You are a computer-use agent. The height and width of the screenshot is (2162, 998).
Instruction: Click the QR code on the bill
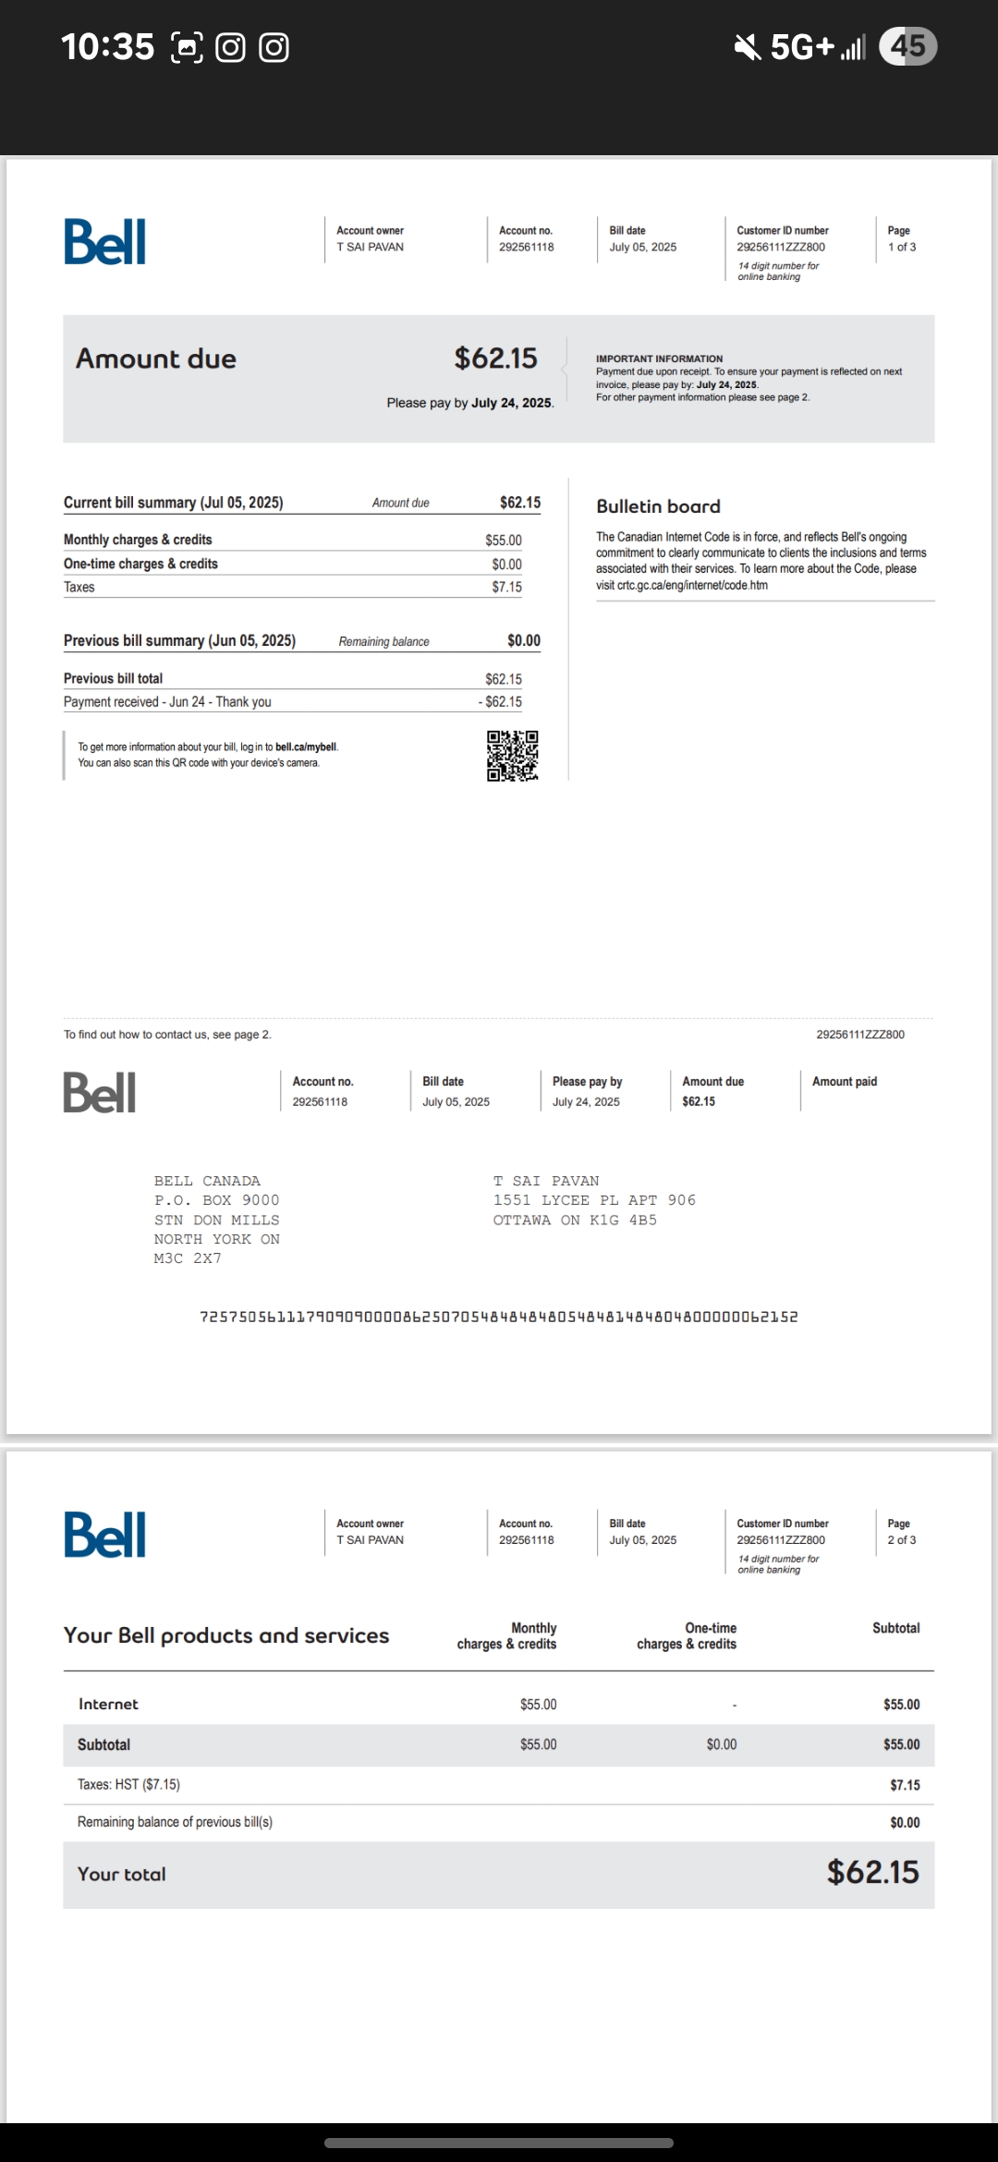coord(513,756)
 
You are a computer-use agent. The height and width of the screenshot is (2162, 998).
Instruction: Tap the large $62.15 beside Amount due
coord(495,358)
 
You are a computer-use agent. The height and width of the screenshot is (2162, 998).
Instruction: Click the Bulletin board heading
coord(658,506)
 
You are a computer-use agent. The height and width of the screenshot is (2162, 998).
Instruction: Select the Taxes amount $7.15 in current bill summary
coord(506,587)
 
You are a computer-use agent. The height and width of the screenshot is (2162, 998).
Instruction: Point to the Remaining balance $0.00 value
coord(523,640)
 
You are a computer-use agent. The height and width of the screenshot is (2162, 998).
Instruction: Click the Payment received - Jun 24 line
coord(167,702)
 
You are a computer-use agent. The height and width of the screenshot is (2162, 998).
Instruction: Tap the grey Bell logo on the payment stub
coord(100,1092)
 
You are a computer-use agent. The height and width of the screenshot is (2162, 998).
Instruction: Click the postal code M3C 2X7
coord(188,1258)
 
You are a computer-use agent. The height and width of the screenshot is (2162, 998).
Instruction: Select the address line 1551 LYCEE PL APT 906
coord(594,1200)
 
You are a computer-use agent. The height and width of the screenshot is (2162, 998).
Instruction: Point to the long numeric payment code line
coord(499,1317)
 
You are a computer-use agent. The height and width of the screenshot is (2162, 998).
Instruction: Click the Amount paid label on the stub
coord(845,1081)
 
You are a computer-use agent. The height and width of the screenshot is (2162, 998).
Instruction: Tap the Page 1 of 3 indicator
coord(901,239)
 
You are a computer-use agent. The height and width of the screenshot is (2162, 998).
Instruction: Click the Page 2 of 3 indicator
coord(901,1532)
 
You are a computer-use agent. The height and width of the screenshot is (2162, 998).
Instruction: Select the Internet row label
coord(108,1704)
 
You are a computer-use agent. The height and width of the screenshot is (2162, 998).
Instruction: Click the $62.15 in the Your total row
coord(872,1872)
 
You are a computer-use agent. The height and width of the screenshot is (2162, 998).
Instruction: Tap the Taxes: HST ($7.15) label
coord(128,1784)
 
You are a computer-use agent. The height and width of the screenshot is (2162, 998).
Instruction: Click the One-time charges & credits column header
coord(687,1635)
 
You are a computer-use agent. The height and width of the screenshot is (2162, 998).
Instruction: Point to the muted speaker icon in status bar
coord(748,46)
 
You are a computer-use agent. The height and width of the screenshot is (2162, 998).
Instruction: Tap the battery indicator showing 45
coord(907,46)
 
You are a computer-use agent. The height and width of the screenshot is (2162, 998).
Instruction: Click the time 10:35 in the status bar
coord(107,46)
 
